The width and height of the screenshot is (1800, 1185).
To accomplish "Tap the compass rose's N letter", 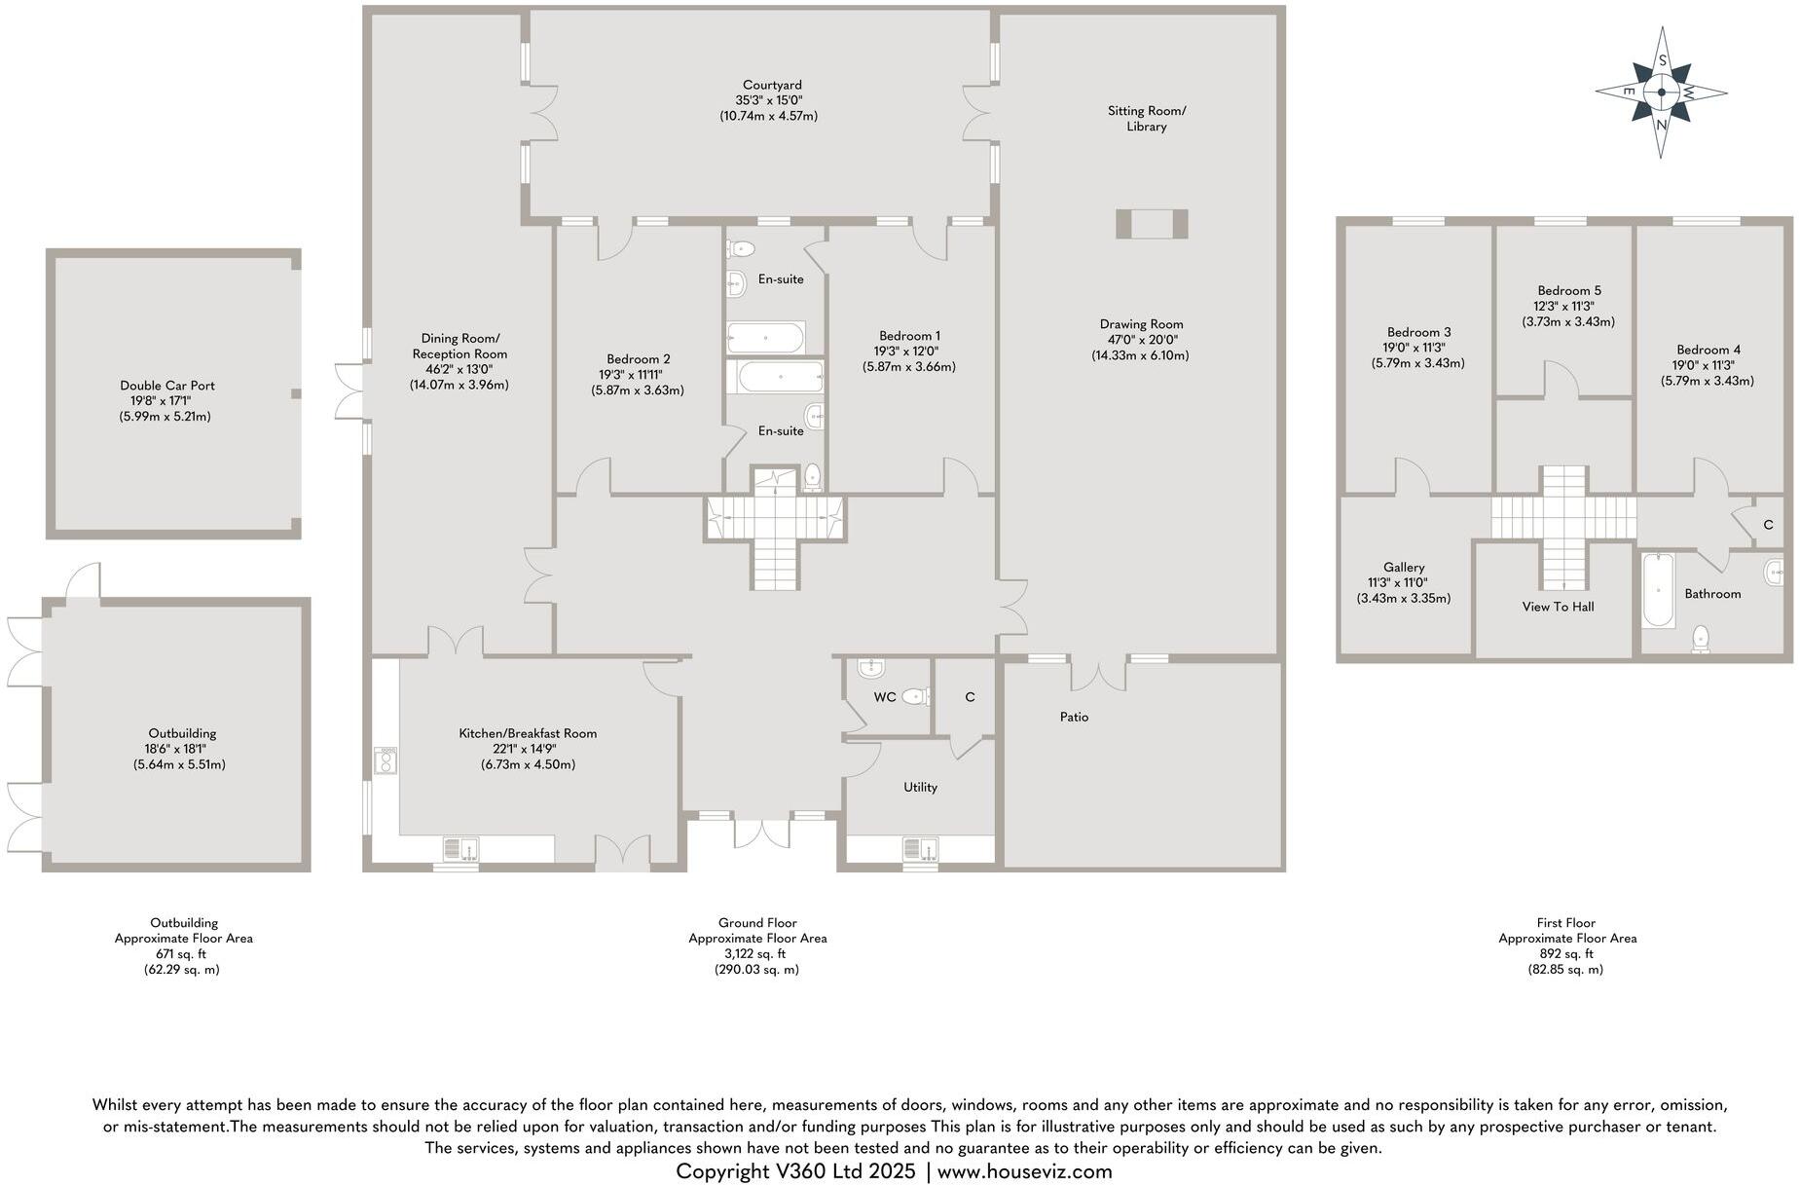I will pos(1662,125).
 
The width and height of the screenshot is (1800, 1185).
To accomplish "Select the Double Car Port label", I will pos(167,386).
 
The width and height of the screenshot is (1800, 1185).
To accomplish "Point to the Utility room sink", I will pos(919,849).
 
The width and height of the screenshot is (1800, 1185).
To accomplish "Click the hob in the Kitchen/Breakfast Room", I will pos(386,759).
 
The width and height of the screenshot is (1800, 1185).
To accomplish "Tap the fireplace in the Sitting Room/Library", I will pos(1152,224).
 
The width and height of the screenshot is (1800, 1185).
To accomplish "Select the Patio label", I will pos(1074,717).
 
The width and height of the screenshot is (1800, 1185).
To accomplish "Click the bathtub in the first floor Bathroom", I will pos(1657,591).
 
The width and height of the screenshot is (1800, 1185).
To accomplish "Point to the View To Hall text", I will pos(1558,607).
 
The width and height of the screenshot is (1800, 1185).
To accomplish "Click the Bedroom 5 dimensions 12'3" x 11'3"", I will pos(1568,306).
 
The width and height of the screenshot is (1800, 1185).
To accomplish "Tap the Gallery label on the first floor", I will pos(1403,567).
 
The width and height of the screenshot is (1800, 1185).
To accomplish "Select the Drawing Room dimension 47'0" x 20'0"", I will pos(1141,340).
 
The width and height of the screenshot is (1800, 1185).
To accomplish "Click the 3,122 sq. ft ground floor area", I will pos(757,954).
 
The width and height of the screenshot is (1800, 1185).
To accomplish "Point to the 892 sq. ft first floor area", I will pos(1566,954).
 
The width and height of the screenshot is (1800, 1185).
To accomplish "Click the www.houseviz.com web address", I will pos(1024,1171).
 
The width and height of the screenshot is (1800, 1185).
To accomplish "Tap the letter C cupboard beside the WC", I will pos(970,697).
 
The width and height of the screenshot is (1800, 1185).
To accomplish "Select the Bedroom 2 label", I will pos(638,358).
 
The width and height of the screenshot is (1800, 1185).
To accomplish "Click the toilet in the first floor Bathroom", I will pos(1701,639).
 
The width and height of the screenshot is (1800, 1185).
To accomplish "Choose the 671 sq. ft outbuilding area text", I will pos(183,954).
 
